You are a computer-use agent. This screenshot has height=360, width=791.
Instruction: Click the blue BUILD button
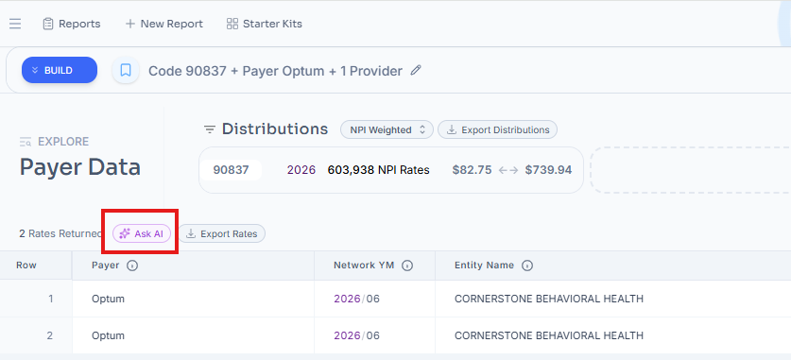point(59,70)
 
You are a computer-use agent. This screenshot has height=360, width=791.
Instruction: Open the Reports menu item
point(71,24)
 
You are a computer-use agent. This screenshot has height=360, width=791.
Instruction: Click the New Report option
point(163,24)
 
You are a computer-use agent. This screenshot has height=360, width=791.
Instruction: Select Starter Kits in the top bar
point(265,24)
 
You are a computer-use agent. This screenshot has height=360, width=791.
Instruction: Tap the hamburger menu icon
point(15,24)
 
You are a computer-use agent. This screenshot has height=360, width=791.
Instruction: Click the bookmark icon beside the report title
point(126,70)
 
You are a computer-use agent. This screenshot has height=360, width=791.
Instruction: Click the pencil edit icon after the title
point(416,70)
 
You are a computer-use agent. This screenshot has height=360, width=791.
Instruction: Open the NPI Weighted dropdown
point(387,129)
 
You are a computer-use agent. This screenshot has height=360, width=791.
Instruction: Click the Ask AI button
point(142,233)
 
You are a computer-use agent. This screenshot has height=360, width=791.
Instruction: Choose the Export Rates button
point(222,233)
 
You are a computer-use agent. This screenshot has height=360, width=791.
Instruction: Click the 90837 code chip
point(231,170)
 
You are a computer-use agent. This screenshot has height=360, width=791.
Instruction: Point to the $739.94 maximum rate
point(548,170)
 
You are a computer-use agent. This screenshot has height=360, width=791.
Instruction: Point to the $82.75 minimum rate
point(473,170)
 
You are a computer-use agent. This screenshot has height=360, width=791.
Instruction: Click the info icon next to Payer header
point(132,266)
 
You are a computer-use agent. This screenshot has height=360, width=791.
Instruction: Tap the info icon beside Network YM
point(407,266)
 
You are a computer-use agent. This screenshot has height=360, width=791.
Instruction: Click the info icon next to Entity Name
point(527,266)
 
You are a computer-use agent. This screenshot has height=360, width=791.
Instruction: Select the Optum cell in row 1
point(108,299)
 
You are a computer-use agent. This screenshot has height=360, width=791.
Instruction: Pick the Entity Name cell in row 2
point(549,335)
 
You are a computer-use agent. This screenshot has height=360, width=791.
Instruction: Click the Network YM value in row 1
point(356,299)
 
